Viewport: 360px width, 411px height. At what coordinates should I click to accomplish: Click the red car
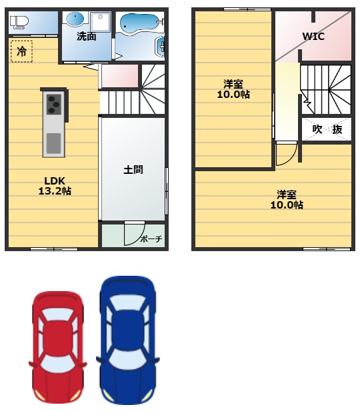(x=58, y=346)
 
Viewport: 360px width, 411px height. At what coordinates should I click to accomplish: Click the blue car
(x=128, y=340)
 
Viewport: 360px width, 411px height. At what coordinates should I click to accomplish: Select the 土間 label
(x=133, y=169)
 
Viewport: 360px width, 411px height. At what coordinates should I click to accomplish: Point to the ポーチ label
(x=151, y=239)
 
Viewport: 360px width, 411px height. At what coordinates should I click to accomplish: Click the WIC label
(x=313, y=37)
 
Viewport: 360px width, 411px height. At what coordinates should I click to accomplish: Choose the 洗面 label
(x=86, y=37)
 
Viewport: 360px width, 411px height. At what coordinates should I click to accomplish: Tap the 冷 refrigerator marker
(x=22, y=51)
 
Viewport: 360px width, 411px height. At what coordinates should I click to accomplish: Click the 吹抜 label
(x=327, y=129)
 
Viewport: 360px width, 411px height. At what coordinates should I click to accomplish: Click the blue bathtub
(x=138, y=24)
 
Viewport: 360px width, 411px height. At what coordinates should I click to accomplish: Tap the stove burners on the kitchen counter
(x=53, y=104)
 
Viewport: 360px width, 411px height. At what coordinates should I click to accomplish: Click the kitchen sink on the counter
(x=53, y=143)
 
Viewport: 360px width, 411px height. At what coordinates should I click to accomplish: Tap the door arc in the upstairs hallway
(x=285, y=155)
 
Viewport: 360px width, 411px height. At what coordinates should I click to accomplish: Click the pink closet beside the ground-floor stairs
(x=120, y=76)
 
